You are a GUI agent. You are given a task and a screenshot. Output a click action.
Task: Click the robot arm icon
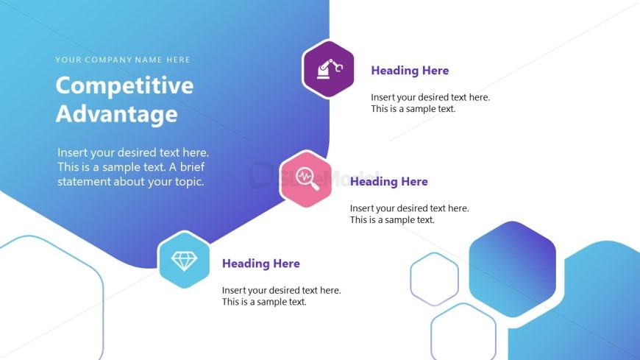[x=330, y=69]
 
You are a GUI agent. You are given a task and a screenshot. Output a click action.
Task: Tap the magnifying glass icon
[x=307, y=179]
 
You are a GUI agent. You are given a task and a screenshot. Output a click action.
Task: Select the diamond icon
[x=184, y=261]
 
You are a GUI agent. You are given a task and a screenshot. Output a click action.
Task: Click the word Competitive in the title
[x=124, y=85]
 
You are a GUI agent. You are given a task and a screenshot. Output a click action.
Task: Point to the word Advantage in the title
[x=117, y=114]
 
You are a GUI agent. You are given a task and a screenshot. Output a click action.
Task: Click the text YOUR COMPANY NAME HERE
[x=123, y=60]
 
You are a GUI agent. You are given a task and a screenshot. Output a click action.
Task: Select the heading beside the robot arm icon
[x=410, y=71]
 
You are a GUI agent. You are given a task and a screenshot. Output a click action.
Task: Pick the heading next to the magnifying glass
[x=389, y=181]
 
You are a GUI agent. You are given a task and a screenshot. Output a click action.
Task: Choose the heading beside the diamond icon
[x=261, y=264]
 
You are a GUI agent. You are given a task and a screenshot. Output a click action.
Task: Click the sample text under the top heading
[x=430, y=103]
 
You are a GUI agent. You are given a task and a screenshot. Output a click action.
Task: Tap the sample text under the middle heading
[x=410, y=213]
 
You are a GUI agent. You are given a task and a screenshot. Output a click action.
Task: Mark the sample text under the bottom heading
[x=281, y=296]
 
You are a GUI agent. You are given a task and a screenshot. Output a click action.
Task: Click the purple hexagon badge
[x=329, y=69]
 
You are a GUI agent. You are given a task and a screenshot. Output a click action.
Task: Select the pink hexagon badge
[x=306, y=179]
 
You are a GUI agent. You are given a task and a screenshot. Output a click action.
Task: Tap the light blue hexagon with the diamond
[x=184, y=260]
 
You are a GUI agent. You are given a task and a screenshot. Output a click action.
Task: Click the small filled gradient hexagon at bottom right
[x=512, y=269]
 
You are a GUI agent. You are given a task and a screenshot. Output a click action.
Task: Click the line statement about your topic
[x=131, y=182]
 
